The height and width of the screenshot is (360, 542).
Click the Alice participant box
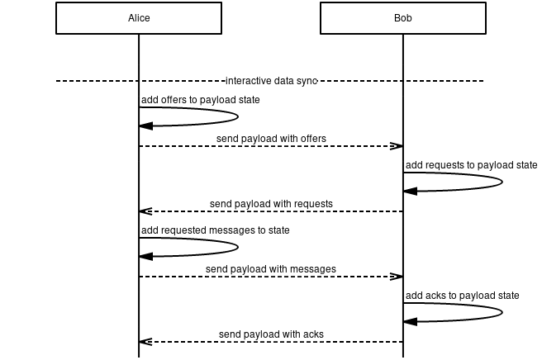(139, 18)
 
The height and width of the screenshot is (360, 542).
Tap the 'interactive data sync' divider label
(271, 81)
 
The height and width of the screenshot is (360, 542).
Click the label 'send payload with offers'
(271, 138)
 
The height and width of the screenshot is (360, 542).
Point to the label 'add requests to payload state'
(471, 165)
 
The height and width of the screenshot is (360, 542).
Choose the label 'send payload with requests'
(271, 203)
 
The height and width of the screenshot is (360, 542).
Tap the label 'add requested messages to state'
(215, 230)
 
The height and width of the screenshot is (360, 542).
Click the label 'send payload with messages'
(271, 268)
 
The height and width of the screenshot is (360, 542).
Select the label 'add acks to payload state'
(462, 296)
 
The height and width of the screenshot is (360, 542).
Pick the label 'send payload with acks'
(271, 334)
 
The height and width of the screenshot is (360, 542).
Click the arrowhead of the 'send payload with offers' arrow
(397, 146)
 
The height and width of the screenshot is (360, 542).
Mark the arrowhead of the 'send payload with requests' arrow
(145, 211)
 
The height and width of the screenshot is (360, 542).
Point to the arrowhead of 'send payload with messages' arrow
(397, 277)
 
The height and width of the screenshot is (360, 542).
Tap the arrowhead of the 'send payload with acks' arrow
(145, 342)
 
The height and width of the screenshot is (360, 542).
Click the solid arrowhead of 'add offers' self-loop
(146, 126)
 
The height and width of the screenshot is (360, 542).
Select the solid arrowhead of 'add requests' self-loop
(411, 191)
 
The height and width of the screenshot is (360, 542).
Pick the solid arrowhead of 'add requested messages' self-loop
(146, 256)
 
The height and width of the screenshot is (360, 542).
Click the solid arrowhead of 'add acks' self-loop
(411, 321)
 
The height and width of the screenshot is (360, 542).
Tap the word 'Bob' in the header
(403, 18)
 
